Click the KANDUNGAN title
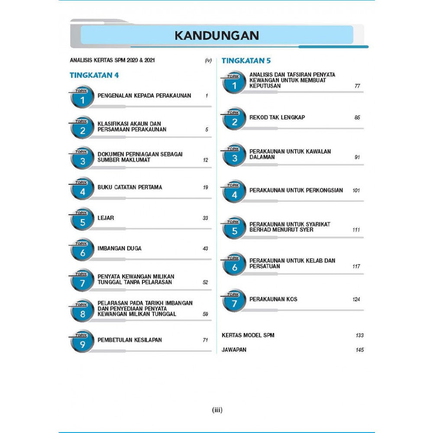point(216,35)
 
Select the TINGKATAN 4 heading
point(94,75)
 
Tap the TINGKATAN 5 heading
point(246,61)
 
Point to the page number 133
point(359,335)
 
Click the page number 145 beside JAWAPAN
point(359,350)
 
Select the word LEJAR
point(106,218)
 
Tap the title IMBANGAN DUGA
point(120,249)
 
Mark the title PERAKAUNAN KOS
point(273,299)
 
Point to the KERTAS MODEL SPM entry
point(248,335)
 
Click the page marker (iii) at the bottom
point(217,410)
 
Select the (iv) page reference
point(208,61)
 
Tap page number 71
point(205,340)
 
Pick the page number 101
point(356,190)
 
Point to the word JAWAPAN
point(234,349)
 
